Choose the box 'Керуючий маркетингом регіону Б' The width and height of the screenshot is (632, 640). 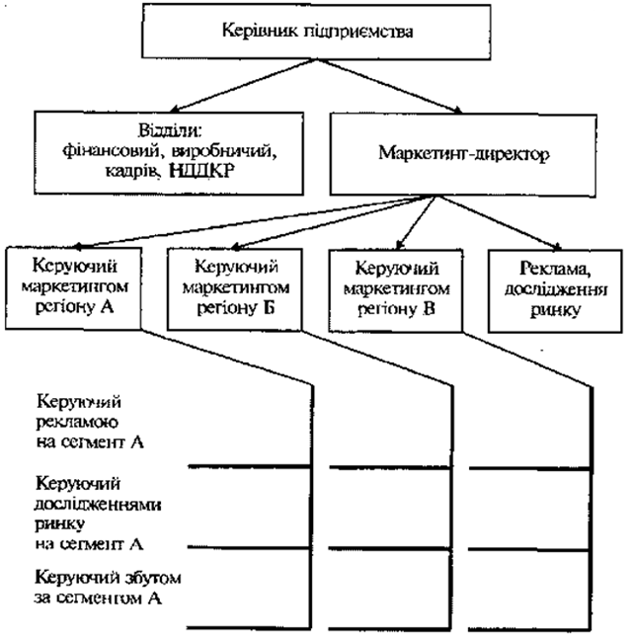[x=236, y=287]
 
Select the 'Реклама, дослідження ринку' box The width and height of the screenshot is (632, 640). [x=546, y=287]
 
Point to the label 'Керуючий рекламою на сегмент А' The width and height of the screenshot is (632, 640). [x=90, y=423]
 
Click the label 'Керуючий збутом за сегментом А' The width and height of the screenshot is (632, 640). [x=97, y=588]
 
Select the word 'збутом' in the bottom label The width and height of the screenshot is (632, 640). [x=134, y=578]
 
